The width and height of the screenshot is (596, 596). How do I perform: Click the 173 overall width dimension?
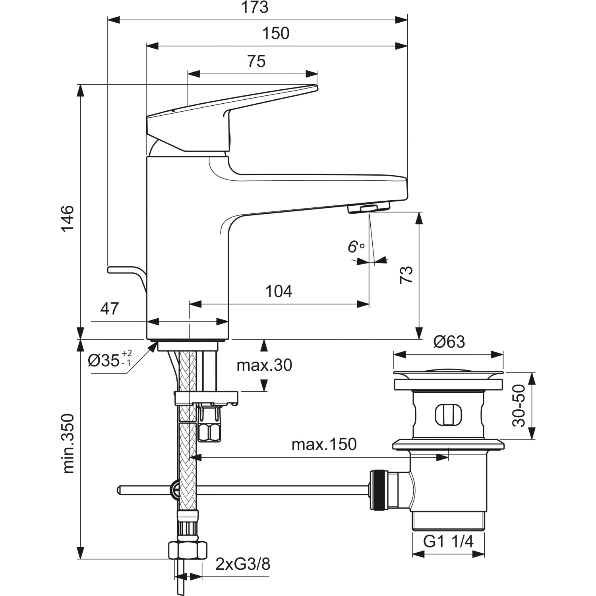(255, 8)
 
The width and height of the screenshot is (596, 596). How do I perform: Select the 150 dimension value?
(276, 34)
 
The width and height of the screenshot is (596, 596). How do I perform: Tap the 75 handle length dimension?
(256, 62)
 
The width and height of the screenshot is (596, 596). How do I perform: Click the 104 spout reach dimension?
(279, 292)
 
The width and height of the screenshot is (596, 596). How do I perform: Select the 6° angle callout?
(356, 247)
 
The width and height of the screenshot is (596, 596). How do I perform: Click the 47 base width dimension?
(109, 309)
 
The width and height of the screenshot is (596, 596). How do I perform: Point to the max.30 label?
(264, 365)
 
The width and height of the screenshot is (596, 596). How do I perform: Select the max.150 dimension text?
(324, 445)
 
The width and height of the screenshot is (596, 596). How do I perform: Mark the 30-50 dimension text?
(519, 406)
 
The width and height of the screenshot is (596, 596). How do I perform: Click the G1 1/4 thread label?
(448, 541)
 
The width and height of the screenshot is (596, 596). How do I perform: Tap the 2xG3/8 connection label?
(243, 564)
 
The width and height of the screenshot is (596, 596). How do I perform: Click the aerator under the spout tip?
(369, 208)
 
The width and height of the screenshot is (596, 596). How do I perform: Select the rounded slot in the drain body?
(448, 415)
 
